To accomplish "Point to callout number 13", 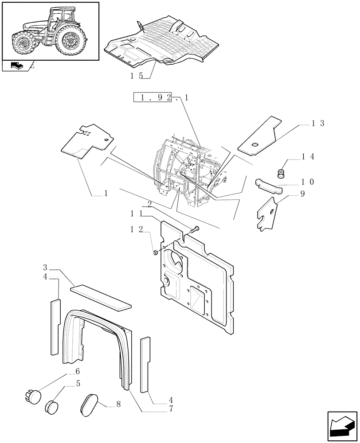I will coord(318,124).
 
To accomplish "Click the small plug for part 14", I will coord(280,172).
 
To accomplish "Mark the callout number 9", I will coord(302,194).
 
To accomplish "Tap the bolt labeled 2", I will coord(196,229).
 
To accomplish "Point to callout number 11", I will coord(136,214).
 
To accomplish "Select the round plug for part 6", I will coord(32,393).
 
